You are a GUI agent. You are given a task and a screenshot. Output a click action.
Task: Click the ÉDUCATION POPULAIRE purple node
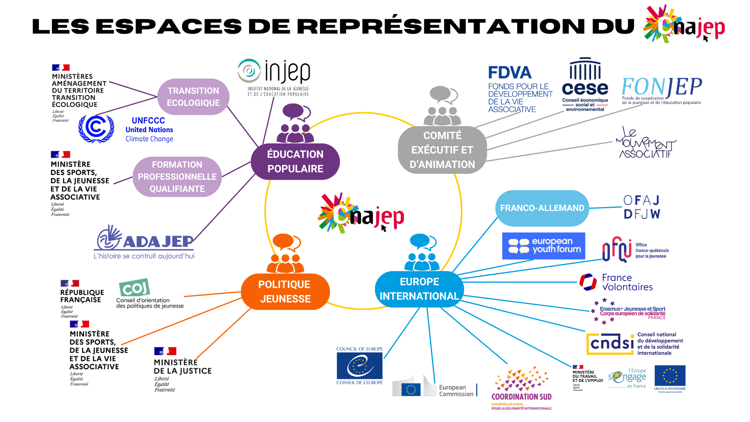point(295,161)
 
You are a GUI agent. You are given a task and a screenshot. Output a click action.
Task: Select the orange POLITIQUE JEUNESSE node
point(285,291)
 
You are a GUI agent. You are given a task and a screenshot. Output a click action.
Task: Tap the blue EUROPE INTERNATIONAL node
point(419,289)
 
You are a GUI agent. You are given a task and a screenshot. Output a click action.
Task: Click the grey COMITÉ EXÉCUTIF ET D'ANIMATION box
point(442,150)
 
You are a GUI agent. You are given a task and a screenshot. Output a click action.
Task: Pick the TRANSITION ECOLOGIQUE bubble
point(193,97)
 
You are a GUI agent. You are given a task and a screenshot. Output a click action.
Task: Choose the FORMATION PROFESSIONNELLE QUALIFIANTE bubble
point(177,177)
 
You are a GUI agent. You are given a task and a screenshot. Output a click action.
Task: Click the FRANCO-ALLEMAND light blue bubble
point(542,208)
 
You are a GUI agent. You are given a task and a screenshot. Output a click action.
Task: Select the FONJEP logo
point(661,90)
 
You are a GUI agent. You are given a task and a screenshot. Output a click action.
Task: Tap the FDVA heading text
point(510,73)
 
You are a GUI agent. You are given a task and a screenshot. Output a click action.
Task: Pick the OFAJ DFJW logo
point(641,207)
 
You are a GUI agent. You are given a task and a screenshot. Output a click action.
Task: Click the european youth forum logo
point(543,246)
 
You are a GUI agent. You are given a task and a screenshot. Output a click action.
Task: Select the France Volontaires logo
point(616,282)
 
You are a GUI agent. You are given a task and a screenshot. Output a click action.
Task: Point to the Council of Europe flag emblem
point(359,366)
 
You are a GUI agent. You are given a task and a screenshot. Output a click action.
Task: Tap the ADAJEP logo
point(145,242)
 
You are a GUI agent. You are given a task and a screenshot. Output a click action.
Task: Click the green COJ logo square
point(134,288)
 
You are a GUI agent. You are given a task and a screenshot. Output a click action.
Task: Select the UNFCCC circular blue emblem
point(96,129)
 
